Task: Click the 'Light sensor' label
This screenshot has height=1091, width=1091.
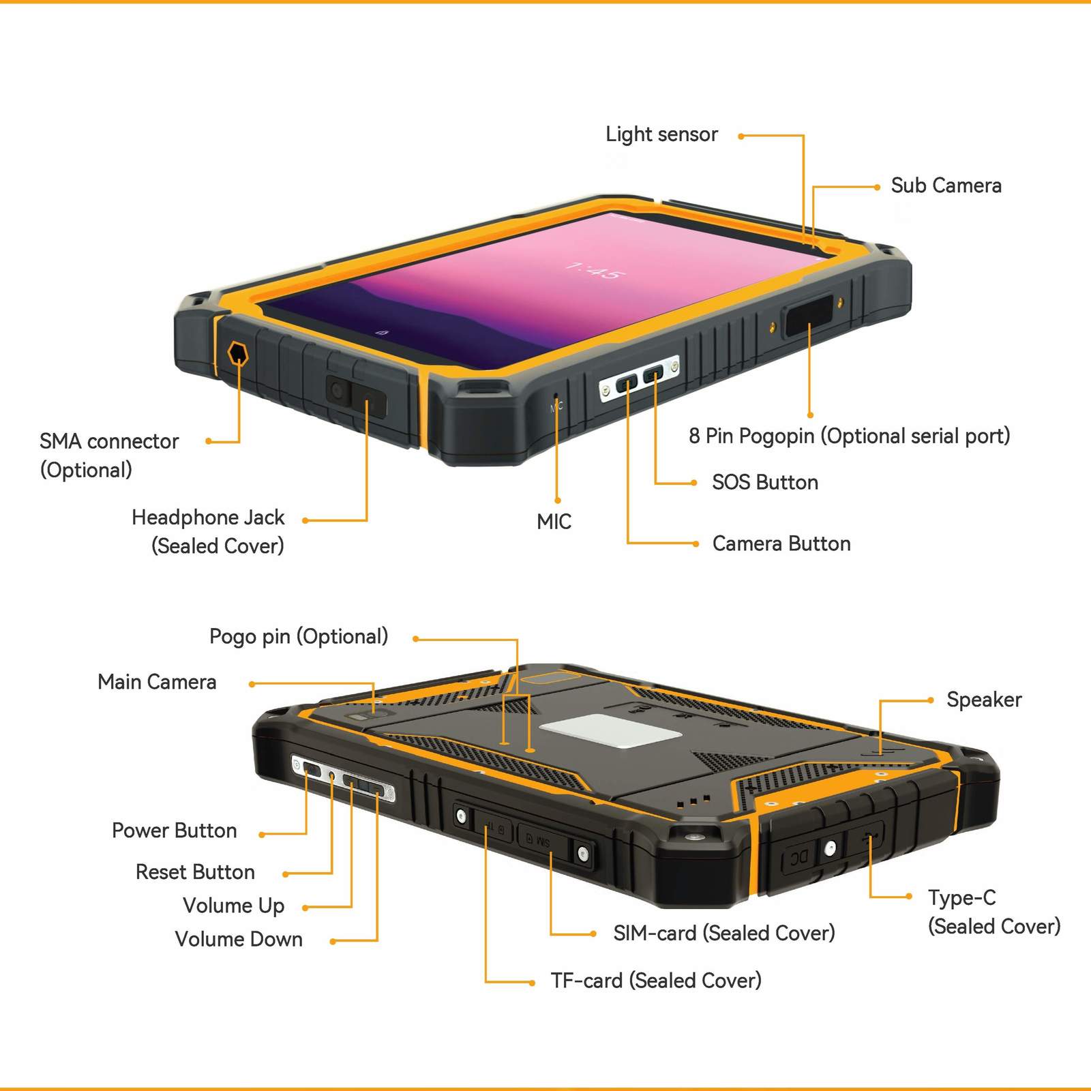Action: [x=661, y=134]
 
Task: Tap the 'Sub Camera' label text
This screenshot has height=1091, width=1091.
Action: [x=946, y=185]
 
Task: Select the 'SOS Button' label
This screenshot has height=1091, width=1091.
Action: [x=764, y=482]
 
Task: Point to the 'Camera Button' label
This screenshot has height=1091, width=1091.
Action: [x=781, y=543]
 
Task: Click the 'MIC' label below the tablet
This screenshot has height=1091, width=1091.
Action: [x=554, y=522]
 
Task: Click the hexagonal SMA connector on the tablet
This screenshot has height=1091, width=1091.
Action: [x=237, y=354]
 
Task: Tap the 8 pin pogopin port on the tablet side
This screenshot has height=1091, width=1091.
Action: [x=809, y=315]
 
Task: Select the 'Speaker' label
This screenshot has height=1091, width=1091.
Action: [x=983, y=700]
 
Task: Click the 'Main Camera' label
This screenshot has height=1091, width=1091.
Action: [x=157, y=682]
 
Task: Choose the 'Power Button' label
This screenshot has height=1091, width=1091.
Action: [x=174, y=831]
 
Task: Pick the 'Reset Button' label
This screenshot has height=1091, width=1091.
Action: [x=195, y=872]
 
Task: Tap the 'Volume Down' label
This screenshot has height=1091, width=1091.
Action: [x=239, y=939]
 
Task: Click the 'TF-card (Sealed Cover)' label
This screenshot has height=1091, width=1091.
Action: [x=655, y=981]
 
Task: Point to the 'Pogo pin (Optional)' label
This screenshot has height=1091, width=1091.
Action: [x=298, y=636]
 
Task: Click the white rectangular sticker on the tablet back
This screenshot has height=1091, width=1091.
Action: [x=611, y=731]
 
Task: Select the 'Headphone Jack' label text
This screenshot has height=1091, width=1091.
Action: [x=208, y=518]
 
